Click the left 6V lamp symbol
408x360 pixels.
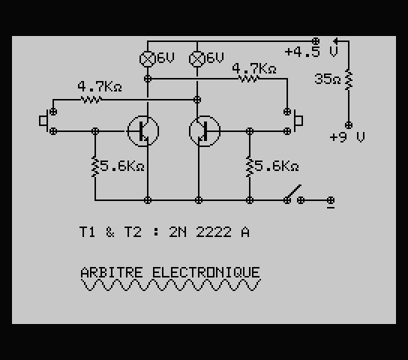click(x=148, y=59)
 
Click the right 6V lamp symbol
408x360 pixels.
click(x=197, y=59)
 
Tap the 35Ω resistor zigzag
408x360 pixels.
click(x=349, y=80)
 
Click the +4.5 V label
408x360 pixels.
click(x=311, y=52)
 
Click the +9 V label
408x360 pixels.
click(x=347, y=137)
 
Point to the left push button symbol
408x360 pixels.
click(x=43, y=121)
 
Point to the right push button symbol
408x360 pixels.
click(x=298, y=121)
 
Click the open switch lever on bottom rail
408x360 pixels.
click(x=294, y=193)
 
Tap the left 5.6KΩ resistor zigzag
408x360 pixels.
click(x=95, y=167)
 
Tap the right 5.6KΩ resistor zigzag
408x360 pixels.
click(x=250, y=167)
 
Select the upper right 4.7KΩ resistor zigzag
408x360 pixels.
click(x=249, y=79)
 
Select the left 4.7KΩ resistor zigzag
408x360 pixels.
click(x=91, y=100)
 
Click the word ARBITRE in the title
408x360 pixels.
click(x=112, y=272)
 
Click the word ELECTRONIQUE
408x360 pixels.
click(x=205, y=272)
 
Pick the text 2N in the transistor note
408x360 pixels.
click(x=178, y=232)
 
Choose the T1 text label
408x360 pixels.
click(x=87, y=232)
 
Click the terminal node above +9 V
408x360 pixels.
click(x=349, y=125)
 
